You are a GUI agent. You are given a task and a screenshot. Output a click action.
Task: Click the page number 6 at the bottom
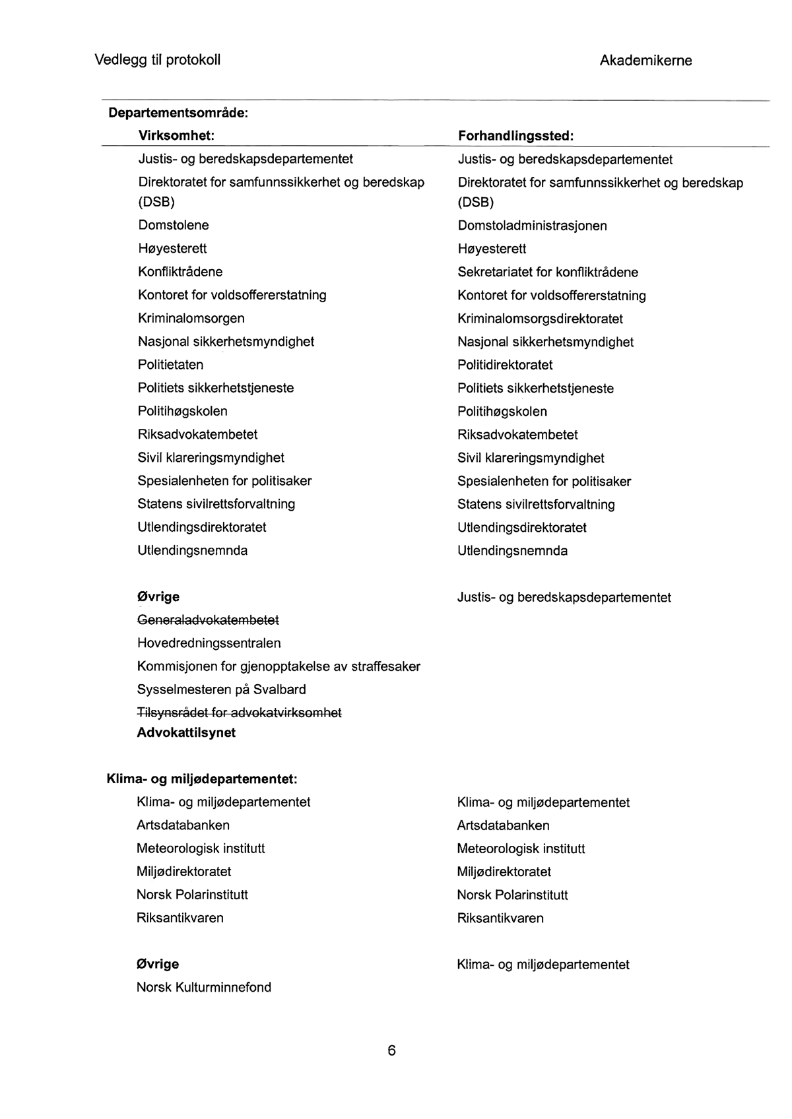click(391, 1051)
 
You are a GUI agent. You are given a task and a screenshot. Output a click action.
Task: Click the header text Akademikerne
click(645, 61)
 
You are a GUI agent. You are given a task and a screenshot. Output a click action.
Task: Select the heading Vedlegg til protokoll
click(158, 60)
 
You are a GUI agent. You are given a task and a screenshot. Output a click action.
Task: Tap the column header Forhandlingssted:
click(515, 136)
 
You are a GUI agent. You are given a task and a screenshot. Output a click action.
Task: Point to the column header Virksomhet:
click(177, 135)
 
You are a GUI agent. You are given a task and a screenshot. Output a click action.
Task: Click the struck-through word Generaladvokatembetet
click(208, 620)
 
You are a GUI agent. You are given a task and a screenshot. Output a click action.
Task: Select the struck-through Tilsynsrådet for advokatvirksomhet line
click(239, 713)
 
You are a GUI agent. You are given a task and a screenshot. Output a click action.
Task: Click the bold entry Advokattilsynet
click(186, 732)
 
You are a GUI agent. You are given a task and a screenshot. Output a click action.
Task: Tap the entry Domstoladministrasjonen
click(532, 226)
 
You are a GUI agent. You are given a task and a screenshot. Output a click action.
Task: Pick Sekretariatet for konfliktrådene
click(548, 272)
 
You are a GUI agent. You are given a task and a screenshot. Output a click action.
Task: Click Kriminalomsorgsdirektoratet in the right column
click(540, 319)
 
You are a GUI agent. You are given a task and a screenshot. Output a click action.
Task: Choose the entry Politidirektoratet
click(505, 365)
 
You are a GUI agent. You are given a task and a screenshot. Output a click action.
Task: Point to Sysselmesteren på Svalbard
click(221, 689)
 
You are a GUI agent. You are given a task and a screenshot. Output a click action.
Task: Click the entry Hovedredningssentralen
click(209, 643)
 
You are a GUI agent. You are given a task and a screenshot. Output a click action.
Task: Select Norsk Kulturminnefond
click(203, 987)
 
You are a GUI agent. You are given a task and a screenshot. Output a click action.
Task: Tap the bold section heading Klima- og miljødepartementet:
click(202, 779)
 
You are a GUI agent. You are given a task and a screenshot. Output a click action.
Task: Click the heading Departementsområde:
click(178, 113)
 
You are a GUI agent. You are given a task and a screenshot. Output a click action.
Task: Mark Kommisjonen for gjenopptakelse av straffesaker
click(279, 666)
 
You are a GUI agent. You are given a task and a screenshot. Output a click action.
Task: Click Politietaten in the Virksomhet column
click(170, 365)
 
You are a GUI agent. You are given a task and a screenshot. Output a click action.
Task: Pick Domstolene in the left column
click(173, 225)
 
